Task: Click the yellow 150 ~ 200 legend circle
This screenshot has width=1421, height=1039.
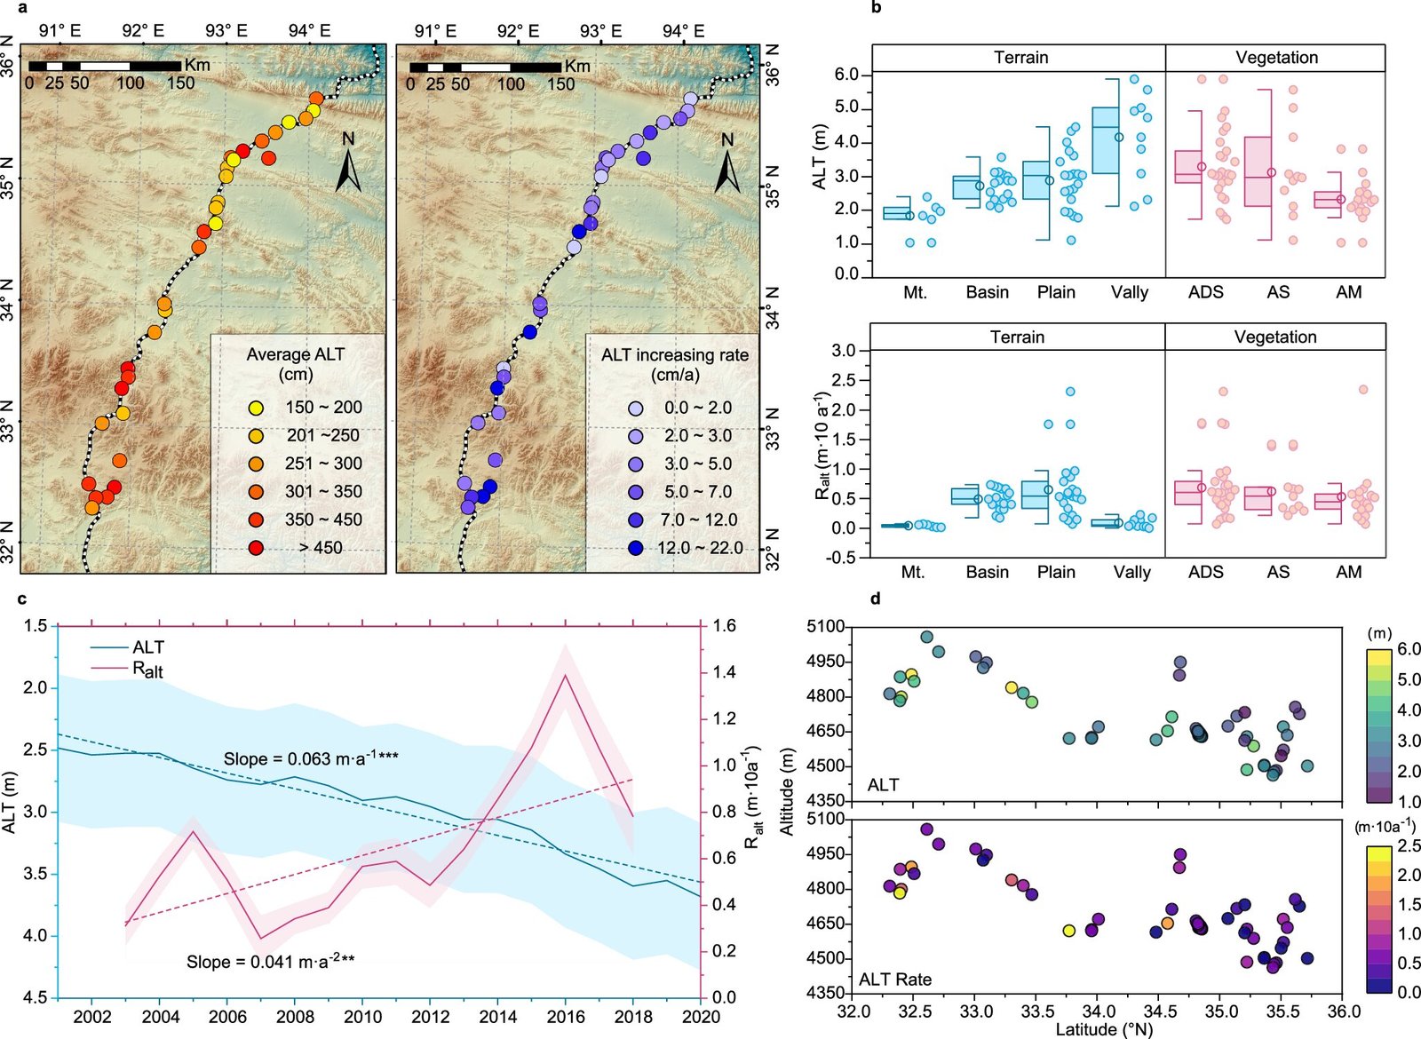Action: pos(257,408)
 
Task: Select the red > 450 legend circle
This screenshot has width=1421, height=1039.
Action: pos(257,548)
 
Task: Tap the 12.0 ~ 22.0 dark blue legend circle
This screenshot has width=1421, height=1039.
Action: pos(635,548)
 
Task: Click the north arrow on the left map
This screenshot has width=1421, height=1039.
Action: pos(348,163)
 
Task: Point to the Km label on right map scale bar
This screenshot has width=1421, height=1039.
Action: pos(576,66)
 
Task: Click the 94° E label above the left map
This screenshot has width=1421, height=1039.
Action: pos(309,30)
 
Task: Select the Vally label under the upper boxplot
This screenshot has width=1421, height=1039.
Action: pos(1130,292)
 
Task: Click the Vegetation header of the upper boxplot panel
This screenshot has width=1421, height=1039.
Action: pos(1276,58)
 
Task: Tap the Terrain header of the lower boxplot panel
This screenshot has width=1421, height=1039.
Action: pos(1017,337)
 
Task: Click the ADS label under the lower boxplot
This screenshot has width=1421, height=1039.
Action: pos(1205,572)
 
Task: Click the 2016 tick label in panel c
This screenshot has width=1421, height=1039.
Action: pos(566,1017)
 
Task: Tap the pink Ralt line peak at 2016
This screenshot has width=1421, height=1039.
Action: pos(565,675)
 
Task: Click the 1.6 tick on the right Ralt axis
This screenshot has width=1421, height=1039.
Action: pos(725,626)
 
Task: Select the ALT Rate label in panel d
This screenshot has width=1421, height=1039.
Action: pos(895,980)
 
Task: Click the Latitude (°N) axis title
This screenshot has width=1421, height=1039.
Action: pos(1103,1030)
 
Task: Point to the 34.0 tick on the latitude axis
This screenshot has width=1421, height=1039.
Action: pos(1099,1012)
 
